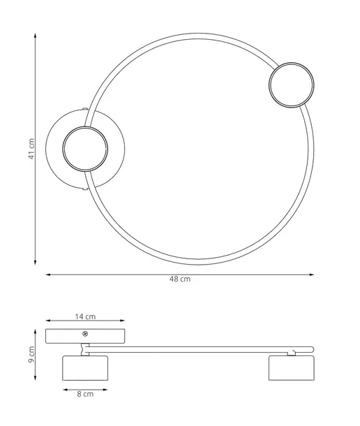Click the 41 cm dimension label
pos(32,149)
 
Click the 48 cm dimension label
pos(180,279)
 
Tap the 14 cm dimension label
pos(85,317)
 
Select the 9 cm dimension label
pos(32,355)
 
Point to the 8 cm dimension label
pos(85,394)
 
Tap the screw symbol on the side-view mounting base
pos(85,334)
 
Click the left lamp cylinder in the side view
pos(85,368)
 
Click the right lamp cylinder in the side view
pos(292,368)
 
